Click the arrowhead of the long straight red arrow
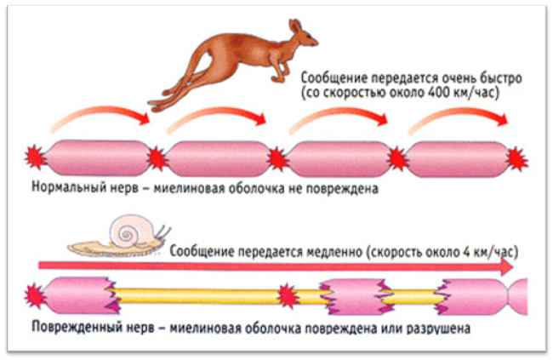click(509, 266)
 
